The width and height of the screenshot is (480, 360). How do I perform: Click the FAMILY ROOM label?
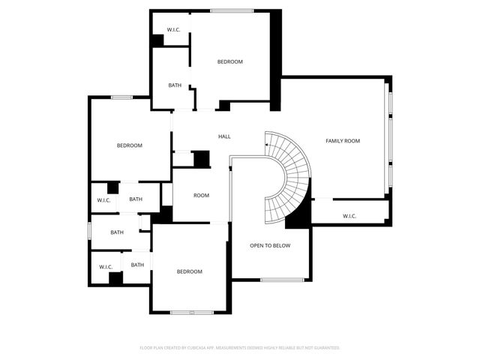343,141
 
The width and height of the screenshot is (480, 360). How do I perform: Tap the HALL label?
224,136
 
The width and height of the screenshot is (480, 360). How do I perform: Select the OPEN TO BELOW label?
270,246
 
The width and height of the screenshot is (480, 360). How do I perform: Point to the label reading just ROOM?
201,196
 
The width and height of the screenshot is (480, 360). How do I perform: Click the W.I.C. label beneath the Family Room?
349,217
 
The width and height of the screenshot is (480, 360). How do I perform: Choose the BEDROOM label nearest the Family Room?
230,61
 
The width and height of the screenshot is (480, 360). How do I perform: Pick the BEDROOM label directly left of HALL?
129,145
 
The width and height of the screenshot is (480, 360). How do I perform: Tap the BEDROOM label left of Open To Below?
189,271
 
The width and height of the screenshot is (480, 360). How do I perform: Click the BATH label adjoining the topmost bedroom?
175,85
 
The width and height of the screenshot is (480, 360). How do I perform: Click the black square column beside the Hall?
201,159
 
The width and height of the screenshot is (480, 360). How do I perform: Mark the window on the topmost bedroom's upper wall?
232,10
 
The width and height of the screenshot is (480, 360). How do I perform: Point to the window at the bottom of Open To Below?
282,280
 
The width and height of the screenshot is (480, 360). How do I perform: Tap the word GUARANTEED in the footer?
325,348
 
